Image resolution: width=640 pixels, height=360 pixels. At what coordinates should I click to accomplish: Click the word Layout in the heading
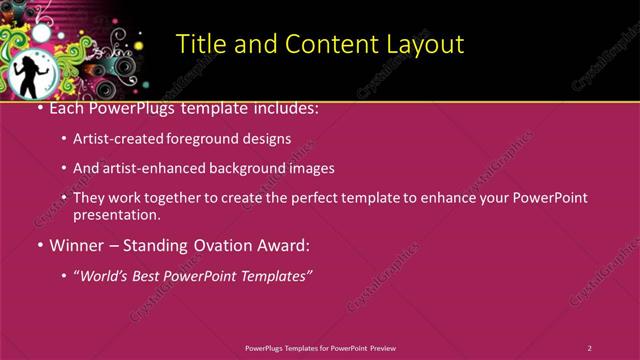coord(424,44)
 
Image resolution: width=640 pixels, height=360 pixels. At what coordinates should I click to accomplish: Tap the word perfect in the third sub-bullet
coord(306,198)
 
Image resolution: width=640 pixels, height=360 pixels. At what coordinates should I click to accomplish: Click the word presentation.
coord(116,214)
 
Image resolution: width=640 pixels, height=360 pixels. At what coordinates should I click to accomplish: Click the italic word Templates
coord(273,275)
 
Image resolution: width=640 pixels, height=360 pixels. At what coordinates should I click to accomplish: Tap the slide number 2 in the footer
coord(590,348)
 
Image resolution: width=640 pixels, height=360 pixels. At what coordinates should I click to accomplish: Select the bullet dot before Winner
coord(39,246)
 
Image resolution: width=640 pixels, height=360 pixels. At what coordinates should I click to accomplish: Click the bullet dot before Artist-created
coord(64,140)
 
